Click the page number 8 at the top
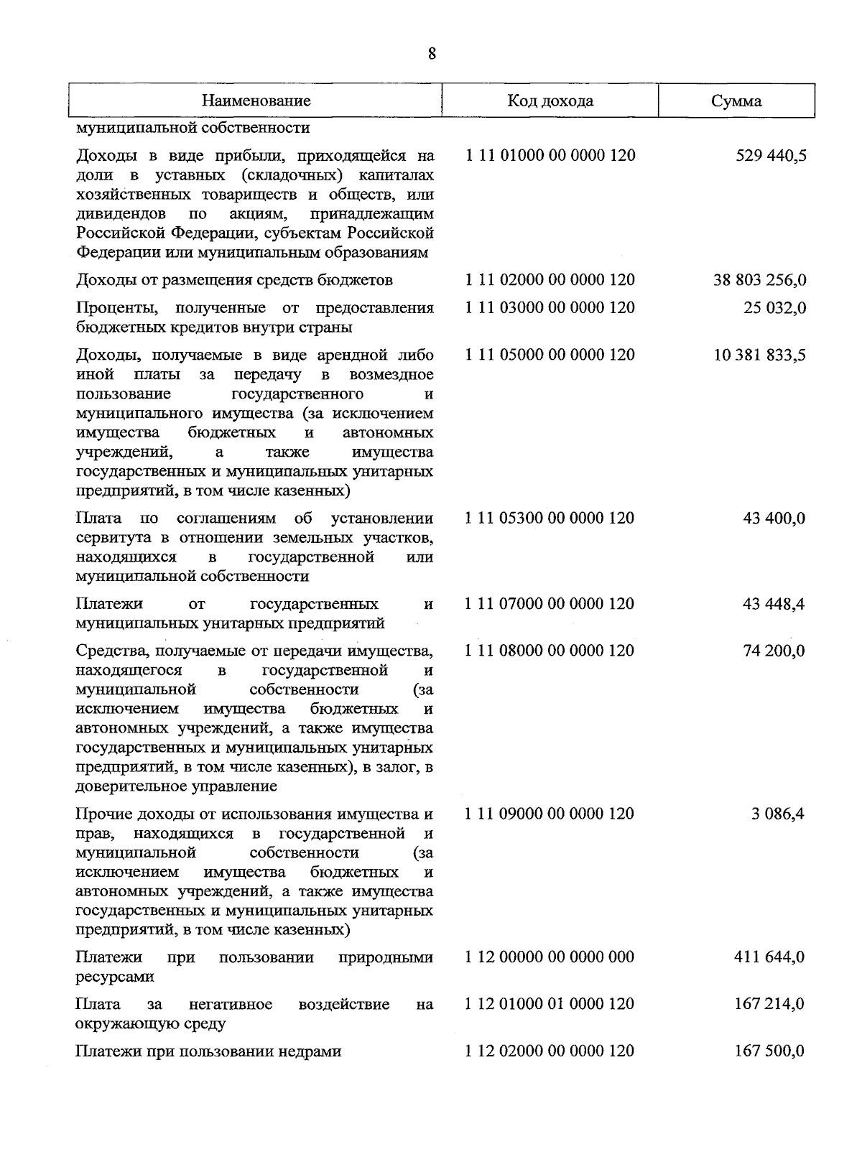point(432,54)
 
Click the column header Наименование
point(256,101)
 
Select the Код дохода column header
point(550,101)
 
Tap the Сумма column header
point(736,101)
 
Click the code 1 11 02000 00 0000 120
point(550,279)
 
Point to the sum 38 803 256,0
point(759,280)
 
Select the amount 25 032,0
point(774,308)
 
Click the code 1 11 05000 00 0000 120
point(550,355)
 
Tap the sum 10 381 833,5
point(759,355)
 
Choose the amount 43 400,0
point(774,519)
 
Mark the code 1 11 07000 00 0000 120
point(550,604)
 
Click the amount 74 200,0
point(774,651)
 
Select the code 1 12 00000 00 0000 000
point(550,957)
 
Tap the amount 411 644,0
point(769,957)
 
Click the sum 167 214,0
point(769,1004)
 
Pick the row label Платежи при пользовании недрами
point(208,1051)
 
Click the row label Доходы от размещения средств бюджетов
point(234,280)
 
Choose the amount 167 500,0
point(769,1051)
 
